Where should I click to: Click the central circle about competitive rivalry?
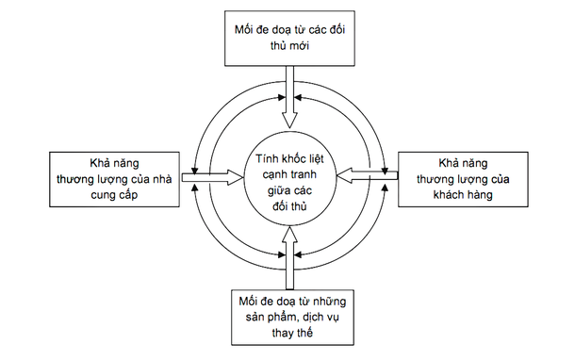[x=290, y=176]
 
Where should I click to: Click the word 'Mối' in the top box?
[x=244, y=28]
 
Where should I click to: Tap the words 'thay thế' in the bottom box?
[x=290, y=333]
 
